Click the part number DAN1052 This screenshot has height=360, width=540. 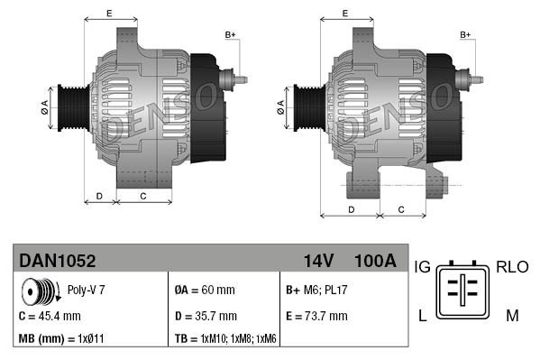coord(58,261)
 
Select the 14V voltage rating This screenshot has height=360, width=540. coord(318,261)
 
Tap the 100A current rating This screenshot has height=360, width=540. coord(375,261)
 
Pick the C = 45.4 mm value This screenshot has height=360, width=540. coord(50,316)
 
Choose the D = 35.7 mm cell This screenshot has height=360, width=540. coord(206,316)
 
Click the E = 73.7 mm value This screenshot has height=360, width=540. coord(316,316)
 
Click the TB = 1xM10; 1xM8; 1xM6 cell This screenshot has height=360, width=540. coord(226,339)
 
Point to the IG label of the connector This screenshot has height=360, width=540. coord(422,268)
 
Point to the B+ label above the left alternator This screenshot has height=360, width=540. coord(230,35)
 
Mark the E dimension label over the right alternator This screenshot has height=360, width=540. coord(346,13)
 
